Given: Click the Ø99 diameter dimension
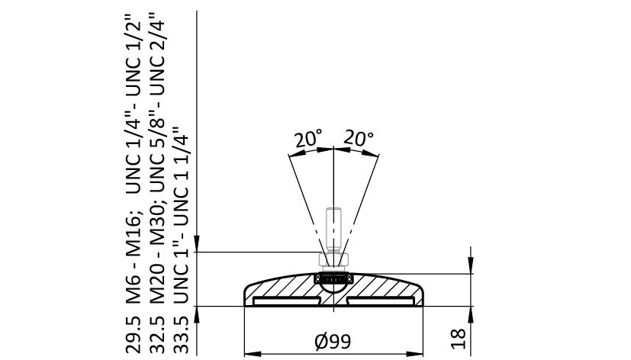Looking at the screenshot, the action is pyautogui.click(x=333, y=342).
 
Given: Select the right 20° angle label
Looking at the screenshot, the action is pyautogui.click(x=359, y=138).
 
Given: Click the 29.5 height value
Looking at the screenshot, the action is pyautogui.click(x=134, y=335).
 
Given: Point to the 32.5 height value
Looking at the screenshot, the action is pyautogui.click(x=157, y=335).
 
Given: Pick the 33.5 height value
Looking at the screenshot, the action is pyautogui.click(x=181, y=335).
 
